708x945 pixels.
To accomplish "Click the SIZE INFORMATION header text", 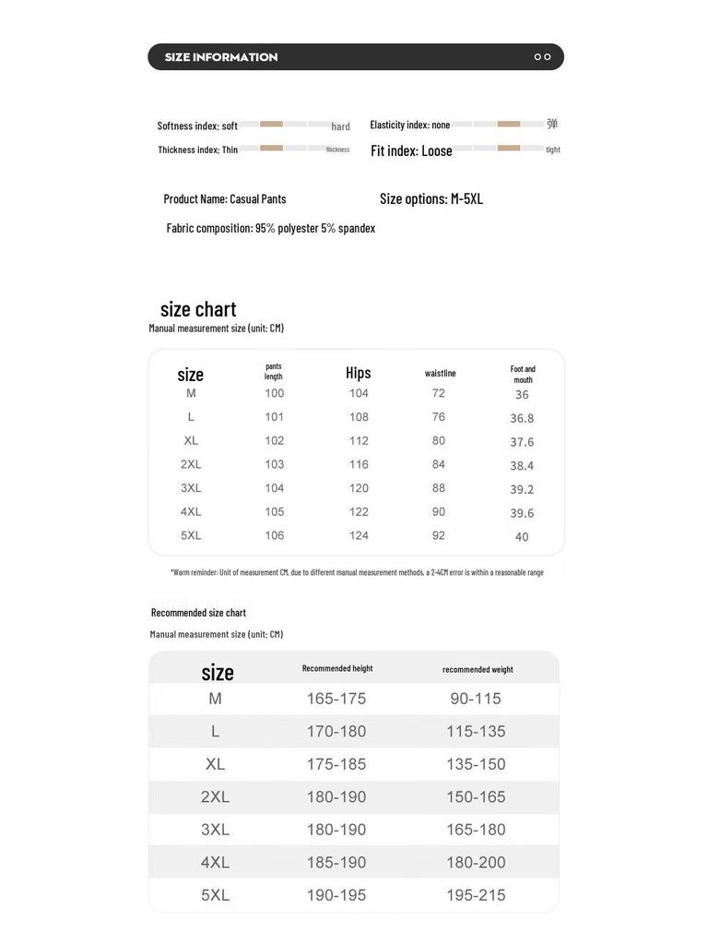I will click(x=221, y=57).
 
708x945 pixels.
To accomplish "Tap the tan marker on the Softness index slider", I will click(x=271, y=124).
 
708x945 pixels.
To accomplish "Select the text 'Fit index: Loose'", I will click(x=411, y=150).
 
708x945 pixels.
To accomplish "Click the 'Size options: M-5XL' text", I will click(x=431, y=198).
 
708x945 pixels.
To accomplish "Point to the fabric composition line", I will click(x=271, y=228).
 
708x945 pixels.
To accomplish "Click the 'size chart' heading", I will click(x=198, y=309).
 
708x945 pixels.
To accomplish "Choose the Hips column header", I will click(x=359, y=373).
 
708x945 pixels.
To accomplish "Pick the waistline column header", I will click(x=441, y=373).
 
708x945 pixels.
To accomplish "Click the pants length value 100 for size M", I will click(x=275, y=393).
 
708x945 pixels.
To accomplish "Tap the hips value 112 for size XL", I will click(x=359, y=441).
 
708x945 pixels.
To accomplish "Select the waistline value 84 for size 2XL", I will click(x=439, y=464).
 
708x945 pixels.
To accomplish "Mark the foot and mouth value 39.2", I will click(x=522, y=490).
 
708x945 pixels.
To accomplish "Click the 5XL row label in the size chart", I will click(x=191, y=535).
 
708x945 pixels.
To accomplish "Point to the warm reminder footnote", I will click(x=357, y=572).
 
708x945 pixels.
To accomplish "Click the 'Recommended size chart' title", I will click(x=198, y=613).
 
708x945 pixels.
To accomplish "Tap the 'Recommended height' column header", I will click(x=337, y=668).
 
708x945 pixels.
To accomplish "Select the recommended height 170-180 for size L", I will click(x=336, y=732).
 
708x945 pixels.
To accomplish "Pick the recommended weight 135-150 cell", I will click(x=476, y=764).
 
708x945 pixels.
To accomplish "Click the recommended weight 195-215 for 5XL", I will click(x=476, y=895).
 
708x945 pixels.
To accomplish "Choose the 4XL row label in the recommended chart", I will click(x=215, y=862).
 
